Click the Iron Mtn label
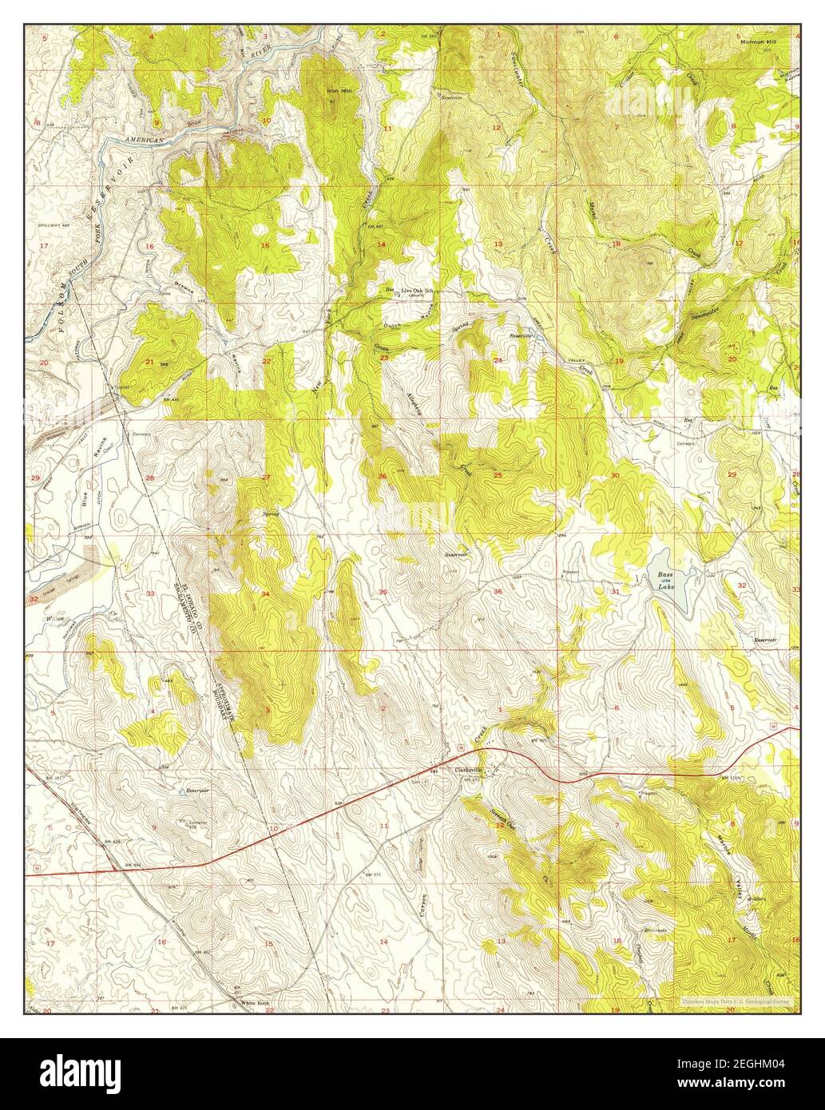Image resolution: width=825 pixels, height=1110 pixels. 339,91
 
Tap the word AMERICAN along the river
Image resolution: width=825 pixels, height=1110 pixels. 144,140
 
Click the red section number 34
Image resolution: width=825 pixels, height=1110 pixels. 265,594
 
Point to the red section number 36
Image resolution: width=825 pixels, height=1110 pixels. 498,592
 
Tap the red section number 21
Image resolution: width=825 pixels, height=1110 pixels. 149,362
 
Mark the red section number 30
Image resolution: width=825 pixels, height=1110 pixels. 614,476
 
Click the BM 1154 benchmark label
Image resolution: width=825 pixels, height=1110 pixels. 732,777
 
